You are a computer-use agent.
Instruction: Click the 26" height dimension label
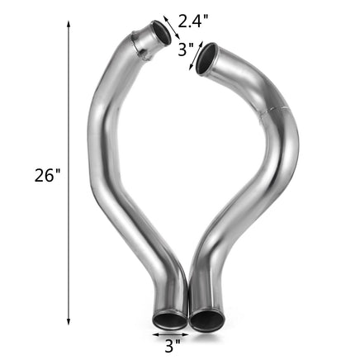click(47, 175)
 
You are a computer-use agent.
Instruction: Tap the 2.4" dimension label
click(193, 21)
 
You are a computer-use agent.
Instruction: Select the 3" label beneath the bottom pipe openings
click(173, 346)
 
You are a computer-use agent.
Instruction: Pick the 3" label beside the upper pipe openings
click(186, 50)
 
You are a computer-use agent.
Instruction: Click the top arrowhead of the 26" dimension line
click(69, 24)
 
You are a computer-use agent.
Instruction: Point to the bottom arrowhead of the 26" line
click(69, 322)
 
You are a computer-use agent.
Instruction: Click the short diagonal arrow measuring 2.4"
click(172, 27)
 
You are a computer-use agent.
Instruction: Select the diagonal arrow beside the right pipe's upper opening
click(196, 55)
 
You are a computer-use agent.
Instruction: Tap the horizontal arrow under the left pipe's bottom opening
click(171, 334)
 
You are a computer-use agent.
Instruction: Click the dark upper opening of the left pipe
click(162, 35)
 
